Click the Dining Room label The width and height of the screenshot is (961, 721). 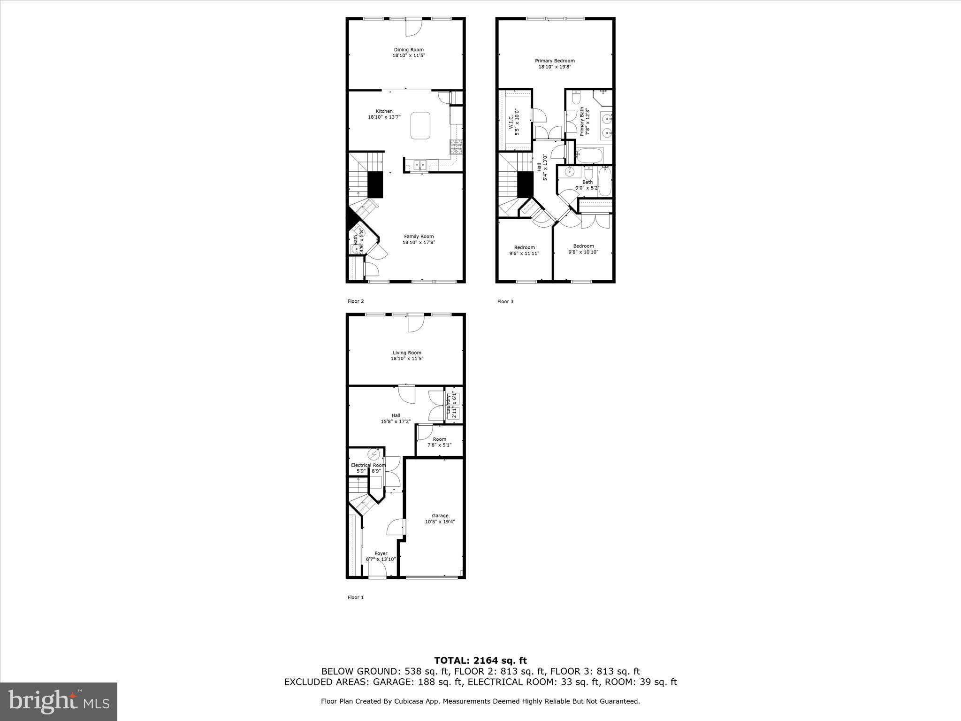click(408, 50)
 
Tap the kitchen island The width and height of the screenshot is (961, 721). click(420, 125)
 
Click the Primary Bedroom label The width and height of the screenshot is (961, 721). click(555, 61)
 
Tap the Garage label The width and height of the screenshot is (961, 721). click(440, 516)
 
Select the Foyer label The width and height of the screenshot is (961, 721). click(381, 553)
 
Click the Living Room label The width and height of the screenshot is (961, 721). click(407, 353)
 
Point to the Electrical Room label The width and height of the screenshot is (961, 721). click(368, 465)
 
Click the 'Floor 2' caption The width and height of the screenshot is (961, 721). click(355, 301)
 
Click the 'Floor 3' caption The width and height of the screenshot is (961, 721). click(505, 301)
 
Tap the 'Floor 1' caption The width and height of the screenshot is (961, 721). click(355, 598)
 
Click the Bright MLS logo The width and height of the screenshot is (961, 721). click(59, 701)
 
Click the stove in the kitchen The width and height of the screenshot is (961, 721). click(456, 147)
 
